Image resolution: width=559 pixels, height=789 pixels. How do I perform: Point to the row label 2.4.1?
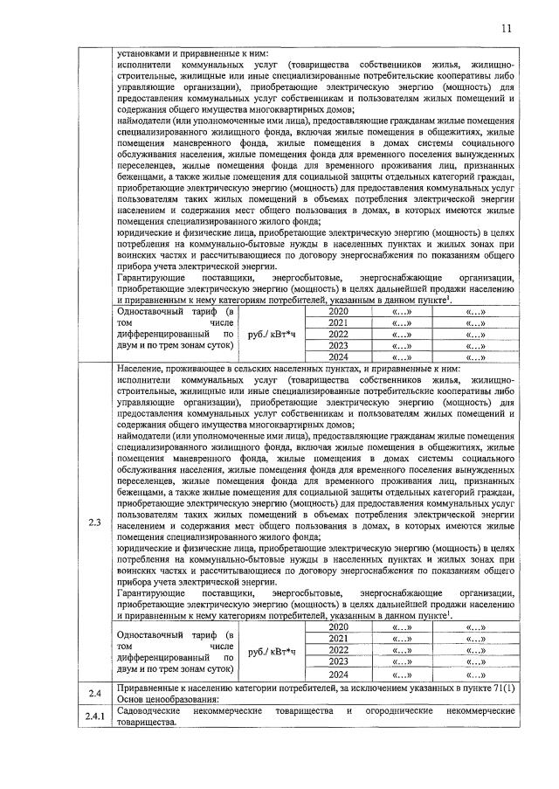[95, 716]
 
